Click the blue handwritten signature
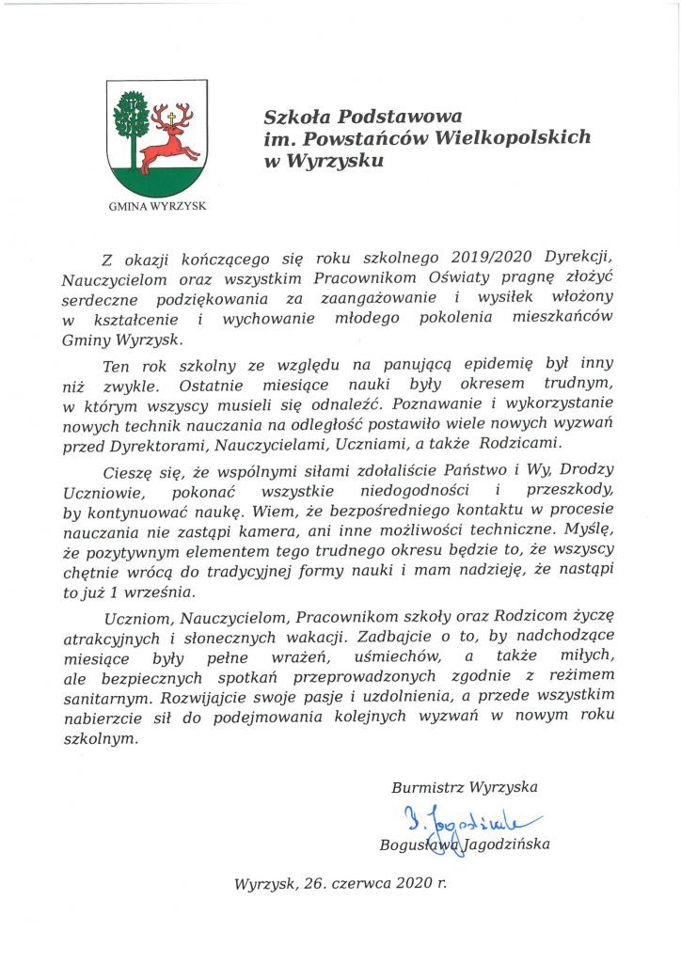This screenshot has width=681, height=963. point(459,815)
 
